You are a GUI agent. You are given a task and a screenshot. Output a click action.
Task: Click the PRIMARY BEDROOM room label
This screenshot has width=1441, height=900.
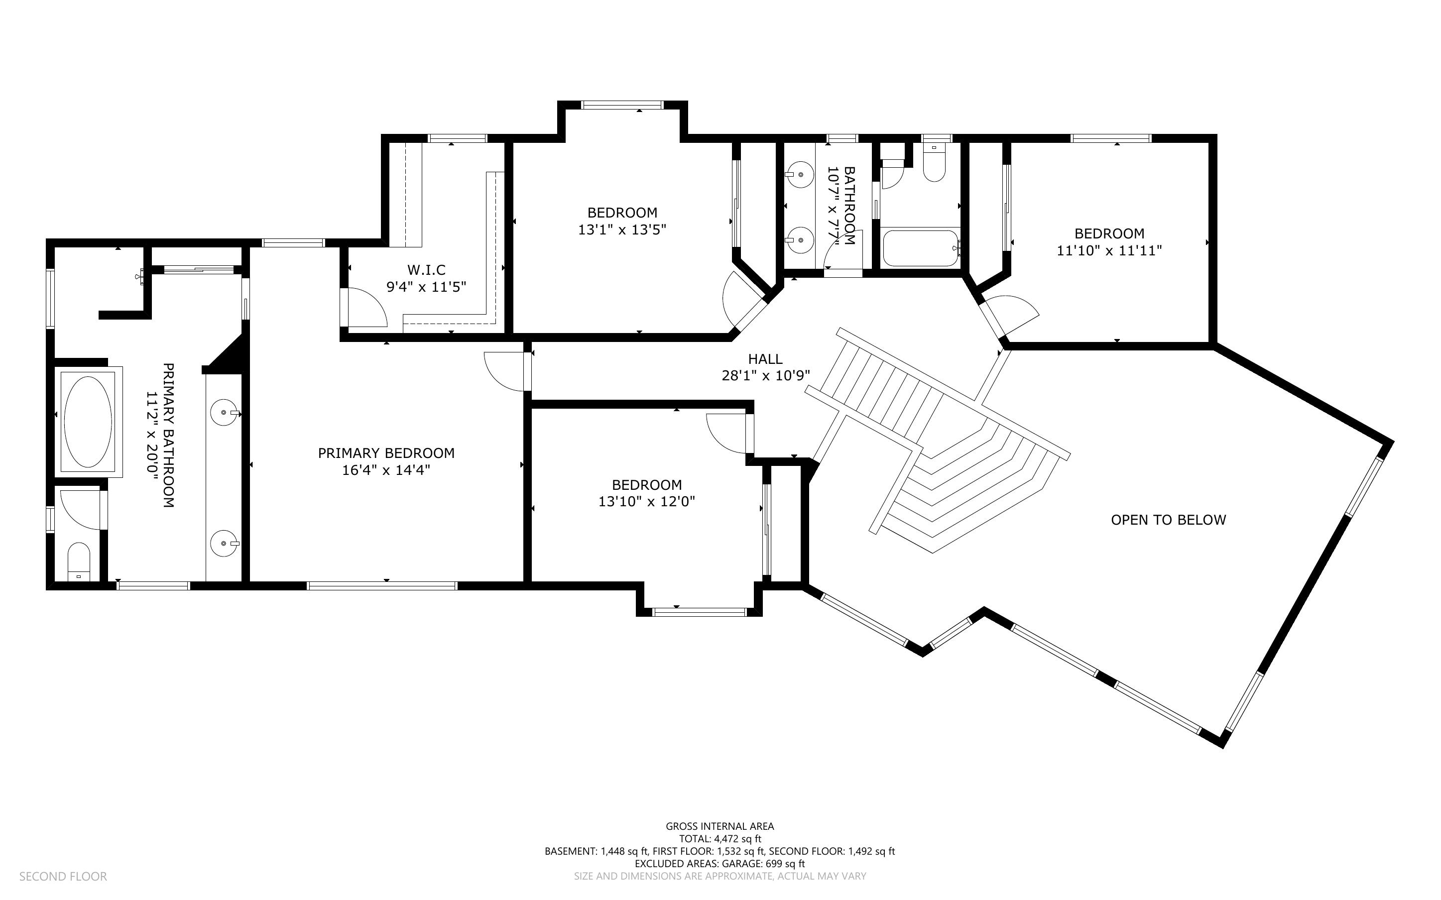[386, 453]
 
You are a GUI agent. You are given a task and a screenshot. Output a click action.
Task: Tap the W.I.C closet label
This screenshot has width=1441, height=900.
[426, 270]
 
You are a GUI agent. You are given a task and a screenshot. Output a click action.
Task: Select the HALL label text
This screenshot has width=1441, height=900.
[765, 359]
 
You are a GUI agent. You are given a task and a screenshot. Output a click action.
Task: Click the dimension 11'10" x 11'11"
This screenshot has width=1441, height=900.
[1109, 250]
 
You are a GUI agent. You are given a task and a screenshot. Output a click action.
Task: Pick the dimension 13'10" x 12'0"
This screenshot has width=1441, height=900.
[646, 502]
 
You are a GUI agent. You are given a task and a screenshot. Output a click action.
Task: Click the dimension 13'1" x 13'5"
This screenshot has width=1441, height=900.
[622, 229]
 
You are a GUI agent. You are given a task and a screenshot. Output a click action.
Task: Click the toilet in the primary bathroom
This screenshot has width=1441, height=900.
[78, 560]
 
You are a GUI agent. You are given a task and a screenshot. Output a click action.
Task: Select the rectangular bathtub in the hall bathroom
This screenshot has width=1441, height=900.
[920, 248]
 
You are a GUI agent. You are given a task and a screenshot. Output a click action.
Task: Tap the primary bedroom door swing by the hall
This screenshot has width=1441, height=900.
[506, 372]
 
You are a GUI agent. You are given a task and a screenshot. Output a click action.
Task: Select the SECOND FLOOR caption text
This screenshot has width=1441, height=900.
[63, 877]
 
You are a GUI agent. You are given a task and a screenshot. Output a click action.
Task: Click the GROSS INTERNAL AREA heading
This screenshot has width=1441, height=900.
[720, 826]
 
